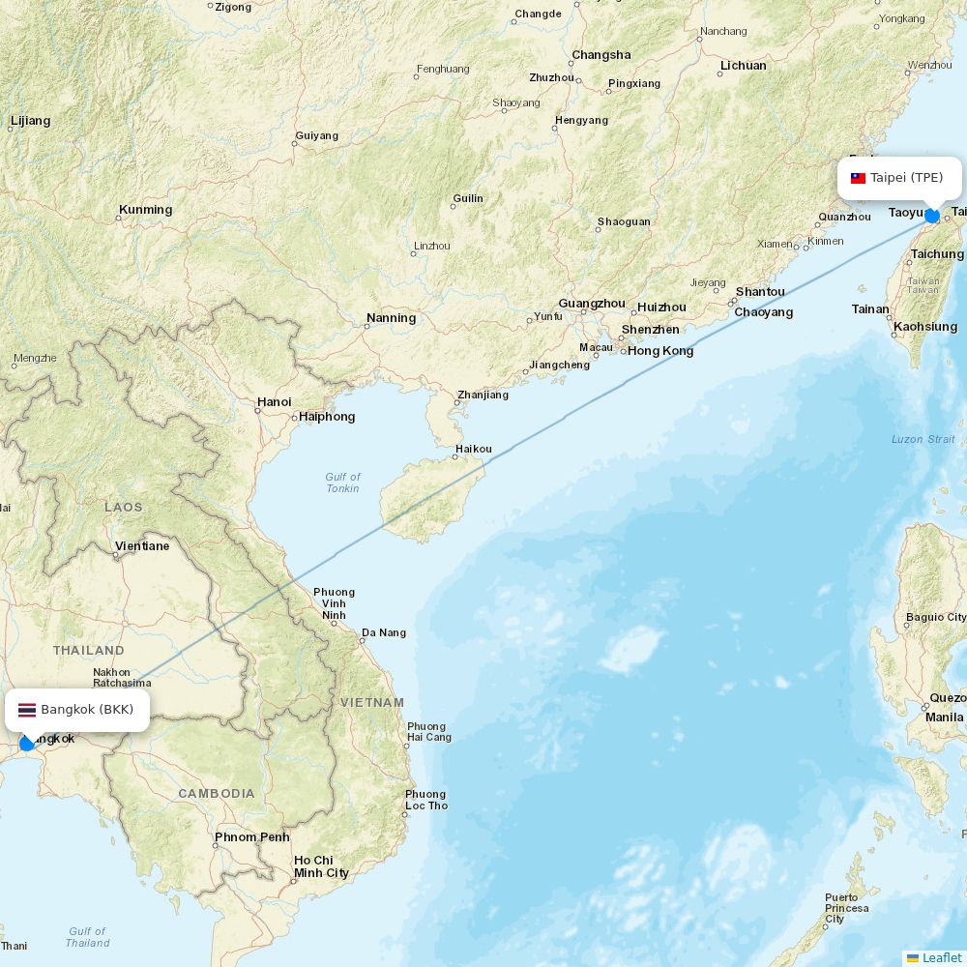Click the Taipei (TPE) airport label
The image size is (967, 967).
(x=906, y=178)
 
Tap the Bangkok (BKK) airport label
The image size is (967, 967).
(x=87, y=710)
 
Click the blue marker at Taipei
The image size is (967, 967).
(x=932, y=216)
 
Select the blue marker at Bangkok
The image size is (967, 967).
(x=27, y=743)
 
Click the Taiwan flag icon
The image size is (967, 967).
(x=858, y=178)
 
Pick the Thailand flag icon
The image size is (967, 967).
(x=27, y=710)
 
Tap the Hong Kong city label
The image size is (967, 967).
(x=660, y=351)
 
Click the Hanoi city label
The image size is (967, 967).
(x=274, y=402)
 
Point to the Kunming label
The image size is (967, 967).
(x=145, y=210)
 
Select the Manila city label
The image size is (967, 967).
(x=944, y=718)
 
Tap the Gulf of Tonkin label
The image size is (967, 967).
(x=342, y=483)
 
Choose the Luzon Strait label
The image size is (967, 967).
(x=923, y=440)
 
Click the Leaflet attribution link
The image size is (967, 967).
(x=941, y=957)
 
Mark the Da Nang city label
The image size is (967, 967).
(x=383, y=633)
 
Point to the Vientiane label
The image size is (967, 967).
(x=142, y=546)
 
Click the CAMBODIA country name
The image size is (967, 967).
(x=217, y=794)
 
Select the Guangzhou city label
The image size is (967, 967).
(x=593, y=304)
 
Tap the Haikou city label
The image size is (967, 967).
(x=473, y=449)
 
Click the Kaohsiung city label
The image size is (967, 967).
(x=924, y=327)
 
